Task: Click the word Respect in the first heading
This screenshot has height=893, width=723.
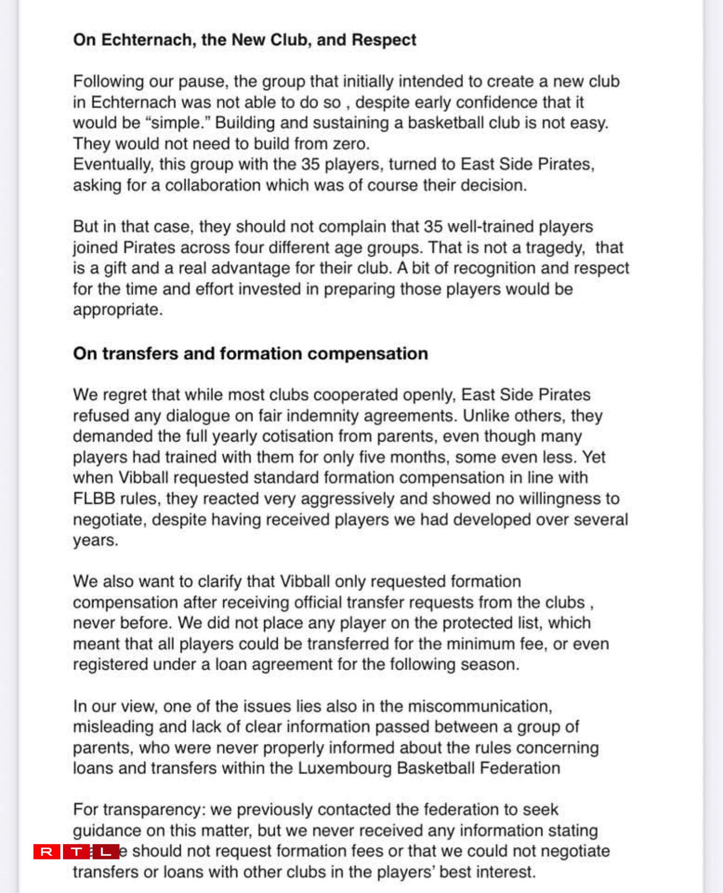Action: click(x=384, y=40)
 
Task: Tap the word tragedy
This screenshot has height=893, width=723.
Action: click(x=555, y=248)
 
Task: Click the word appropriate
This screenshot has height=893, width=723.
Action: click(x=117, y=309)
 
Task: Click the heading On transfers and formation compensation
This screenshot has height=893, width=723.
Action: click(x=250, y=354)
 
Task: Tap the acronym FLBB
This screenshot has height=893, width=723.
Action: click(x=94, y=499)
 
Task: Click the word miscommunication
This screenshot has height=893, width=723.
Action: click(x=480, y=706)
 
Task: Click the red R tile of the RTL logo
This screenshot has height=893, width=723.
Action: click(x=46, y=852)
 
